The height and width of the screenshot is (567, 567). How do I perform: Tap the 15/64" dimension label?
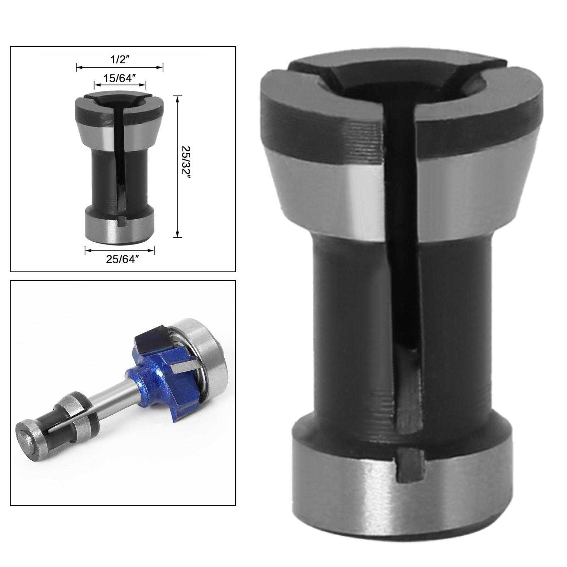point(120,78)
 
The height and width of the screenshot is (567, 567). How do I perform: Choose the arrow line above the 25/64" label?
point(119,251)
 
